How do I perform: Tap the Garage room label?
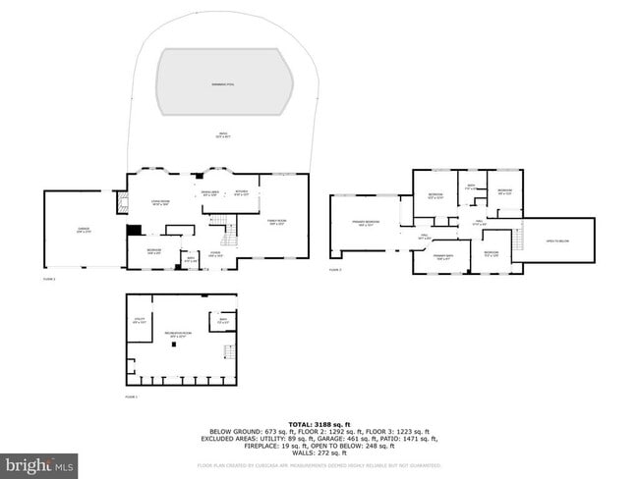point(84,231)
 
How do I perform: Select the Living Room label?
point(160,204)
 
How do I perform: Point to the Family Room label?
point(277,222)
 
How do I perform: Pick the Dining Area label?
point(210,194)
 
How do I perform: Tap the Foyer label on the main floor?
point(214,255)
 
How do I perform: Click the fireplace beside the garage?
point(123,203)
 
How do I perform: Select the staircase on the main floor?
point(231,236)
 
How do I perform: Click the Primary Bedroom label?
point(367,224)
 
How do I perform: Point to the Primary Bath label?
point(443,257)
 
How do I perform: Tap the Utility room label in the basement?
point(139,320)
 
